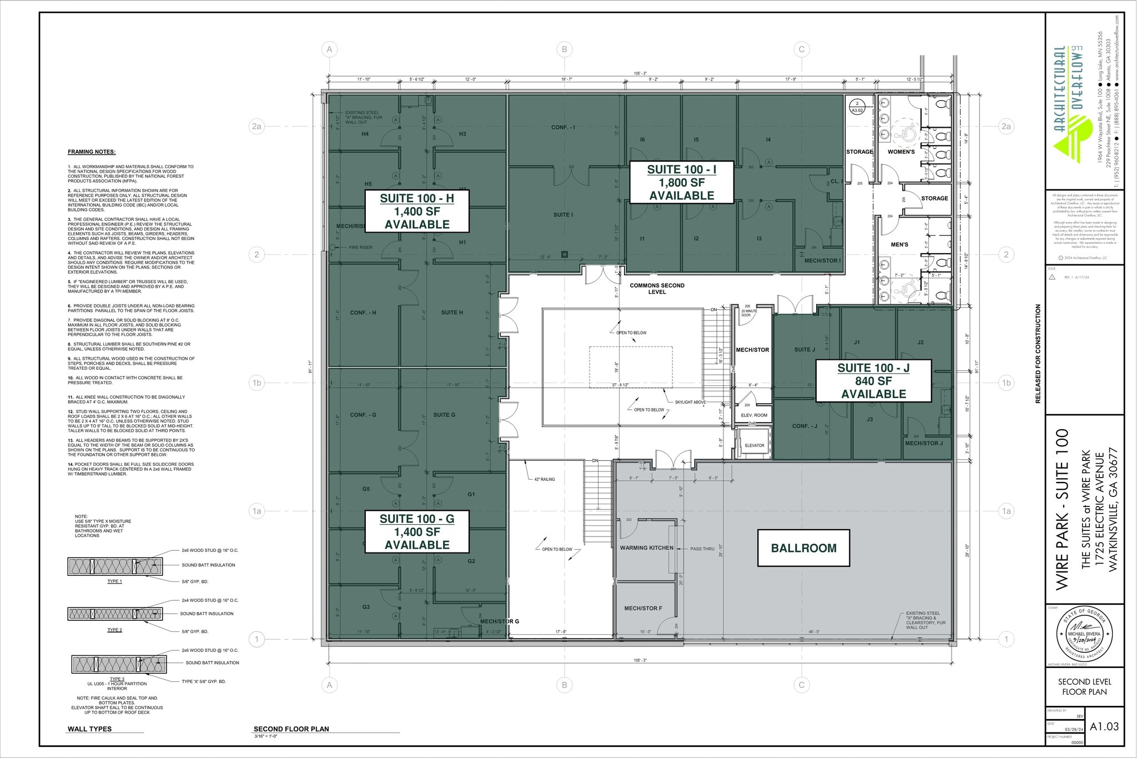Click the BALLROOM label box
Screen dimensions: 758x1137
[x=803, y=548]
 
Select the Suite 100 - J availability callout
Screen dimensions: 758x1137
[x=873, y=381]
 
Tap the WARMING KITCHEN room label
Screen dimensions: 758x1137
[x=646, y=548]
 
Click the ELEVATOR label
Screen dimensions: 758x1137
[x=754, y=445]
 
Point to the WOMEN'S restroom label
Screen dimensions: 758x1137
[x=900, y=152]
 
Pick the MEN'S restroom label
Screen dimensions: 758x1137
[x=899, y=244]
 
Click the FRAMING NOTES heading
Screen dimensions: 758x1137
[x=92, y=152]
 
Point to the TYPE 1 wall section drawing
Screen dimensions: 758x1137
[x=115, y=566]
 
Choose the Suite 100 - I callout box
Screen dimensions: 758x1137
[x=681, y=183]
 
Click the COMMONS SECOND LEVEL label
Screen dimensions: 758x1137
[x=657, y=288]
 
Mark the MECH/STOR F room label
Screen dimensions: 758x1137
[x=643, y=609]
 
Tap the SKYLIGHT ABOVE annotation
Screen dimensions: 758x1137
[x=690, y=402]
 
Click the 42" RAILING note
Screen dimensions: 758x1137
[x=544, y=479]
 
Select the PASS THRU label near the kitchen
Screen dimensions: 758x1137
[x=702, y=549]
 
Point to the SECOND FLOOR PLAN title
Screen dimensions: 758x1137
[x=291, y=729]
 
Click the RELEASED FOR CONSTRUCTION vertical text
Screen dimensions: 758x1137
[x=1038, y=353]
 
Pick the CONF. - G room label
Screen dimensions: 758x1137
[x=363, y=415]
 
